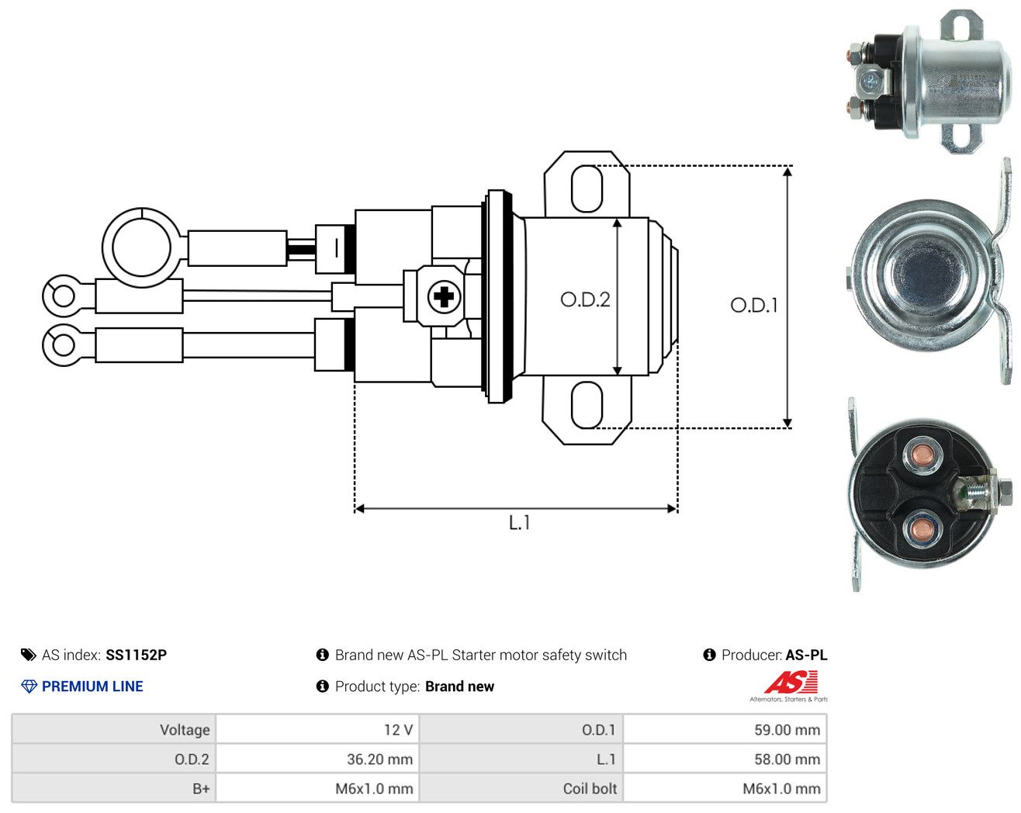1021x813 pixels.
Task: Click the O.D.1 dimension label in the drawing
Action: [x=754, y=305]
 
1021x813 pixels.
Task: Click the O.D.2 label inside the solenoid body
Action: [x=585, y=299]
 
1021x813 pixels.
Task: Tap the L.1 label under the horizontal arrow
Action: [x=519, y=523]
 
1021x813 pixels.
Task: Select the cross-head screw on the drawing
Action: [x=444, y=298]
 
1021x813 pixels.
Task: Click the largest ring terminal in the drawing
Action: [x=141, y=247]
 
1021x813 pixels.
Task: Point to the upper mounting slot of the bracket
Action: [x=587, y=189]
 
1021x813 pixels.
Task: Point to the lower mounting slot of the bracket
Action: [x=587, y=405]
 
